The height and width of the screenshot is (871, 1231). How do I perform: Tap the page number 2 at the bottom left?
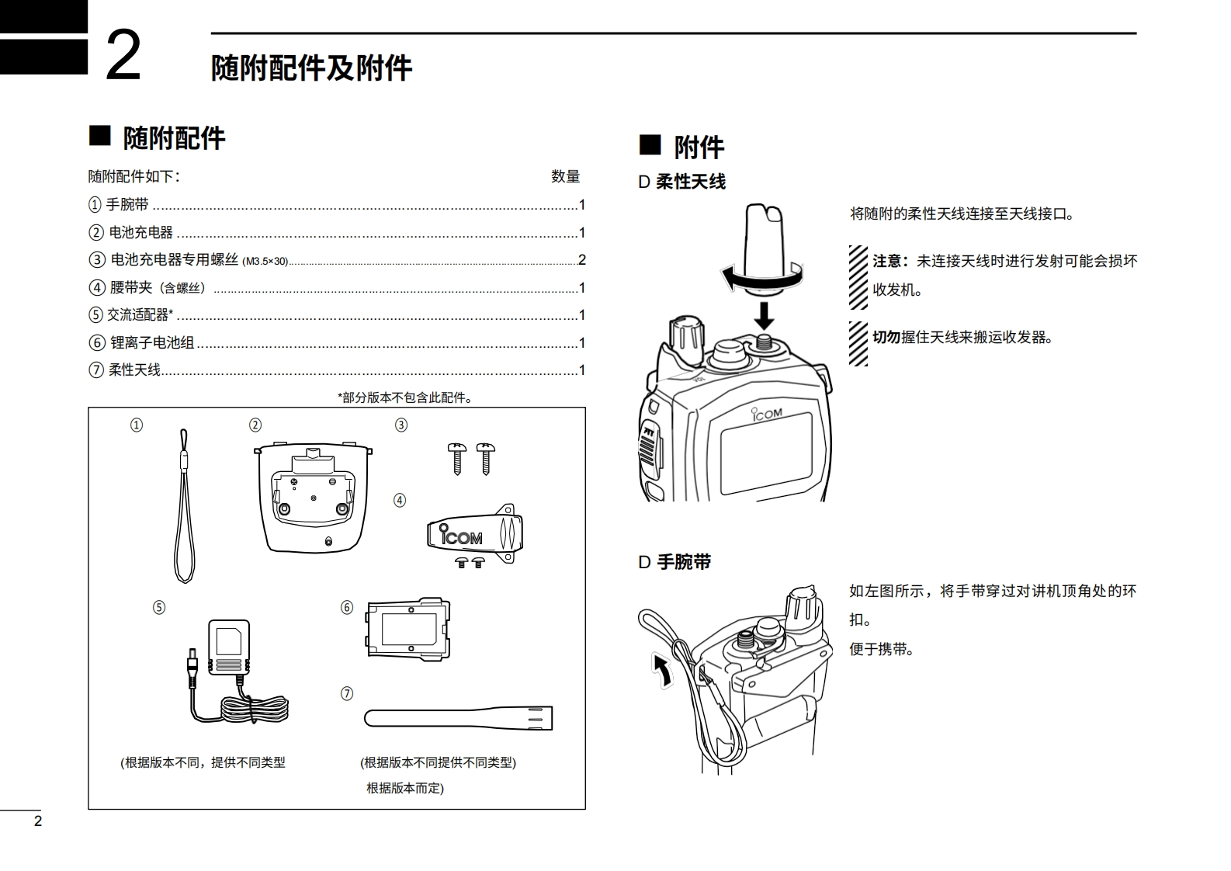pyautogui.click(x=38, y=821)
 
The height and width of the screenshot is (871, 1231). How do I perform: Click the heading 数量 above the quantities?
pyautogui.click(x=565, y=177)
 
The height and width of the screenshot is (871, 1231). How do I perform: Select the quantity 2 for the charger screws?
pyautogui.click(x=581, y=260)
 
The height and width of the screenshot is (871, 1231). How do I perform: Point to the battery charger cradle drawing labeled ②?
pyautogui.click(x=313, y=497)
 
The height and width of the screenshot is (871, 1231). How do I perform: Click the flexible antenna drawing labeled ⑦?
pyautogui.click(x=458, y=717)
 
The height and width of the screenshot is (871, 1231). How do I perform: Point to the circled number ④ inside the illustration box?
pyautogui.click(x=400, y=501)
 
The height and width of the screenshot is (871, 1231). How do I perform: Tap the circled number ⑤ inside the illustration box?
pyautogui.click(x=159, y=607)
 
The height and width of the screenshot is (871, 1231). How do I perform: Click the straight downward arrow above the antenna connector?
pyautogui.click(x=765, y=314)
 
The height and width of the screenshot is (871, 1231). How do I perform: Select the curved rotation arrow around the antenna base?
pyautogui.click(x=761, y=276)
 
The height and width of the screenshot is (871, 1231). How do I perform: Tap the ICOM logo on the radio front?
pyautogui.click(x=767, y=414)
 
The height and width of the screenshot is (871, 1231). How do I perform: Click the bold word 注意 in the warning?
pyautogui.click(x=889, y=262)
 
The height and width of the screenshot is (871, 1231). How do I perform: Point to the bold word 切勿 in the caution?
pyautogui.click(x=886, y=337)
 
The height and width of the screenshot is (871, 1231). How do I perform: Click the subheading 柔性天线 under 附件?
pyautogui.click(x=690, y=182)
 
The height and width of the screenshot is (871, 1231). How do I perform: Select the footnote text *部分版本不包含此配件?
pyautogui.click(x=406, y=397)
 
